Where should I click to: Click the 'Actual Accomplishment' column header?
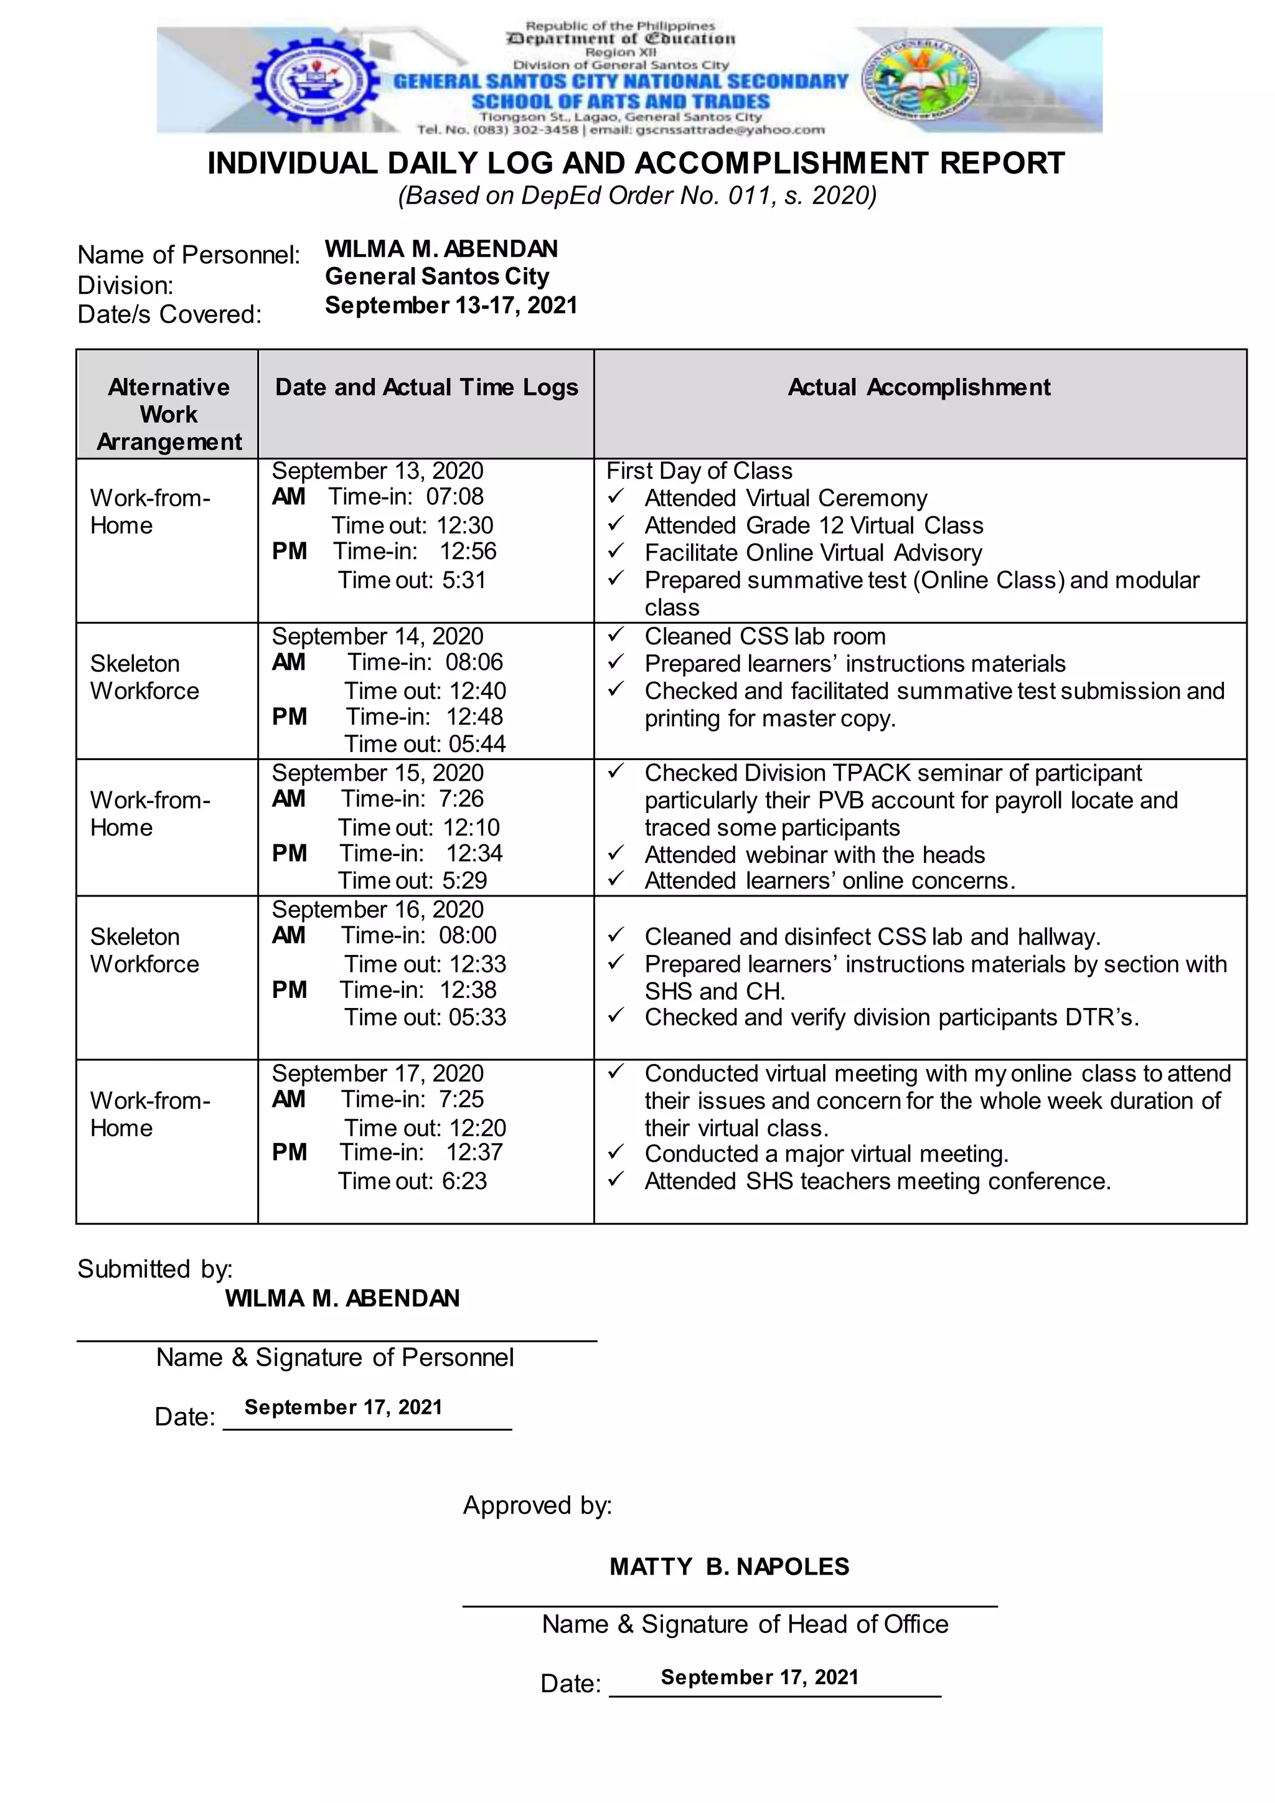(x=918, y=387)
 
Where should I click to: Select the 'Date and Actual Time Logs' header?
(x=426, y=387)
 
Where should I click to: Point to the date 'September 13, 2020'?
(x=378, y=471)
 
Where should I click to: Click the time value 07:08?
(x=454, y=496)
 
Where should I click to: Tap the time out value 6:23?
(x=463, y=1181)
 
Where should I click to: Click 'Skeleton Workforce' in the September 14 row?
(x=144, y=677)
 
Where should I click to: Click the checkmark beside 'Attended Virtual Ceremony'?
(x=616, y=497)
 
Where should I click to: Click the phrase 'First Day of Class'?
(x=699, y=471)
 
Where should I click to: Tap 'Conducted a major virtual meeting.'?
(x=826, y=1154)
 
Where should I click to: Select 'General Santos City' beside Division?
(x=436, y=276)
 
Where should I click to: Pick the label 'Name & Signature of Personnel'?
(x=334, y=1357)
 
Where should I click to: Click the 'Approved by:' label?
(x=537, y=1505)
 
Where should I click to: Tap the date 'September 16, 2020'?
(x=378, y=910)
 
